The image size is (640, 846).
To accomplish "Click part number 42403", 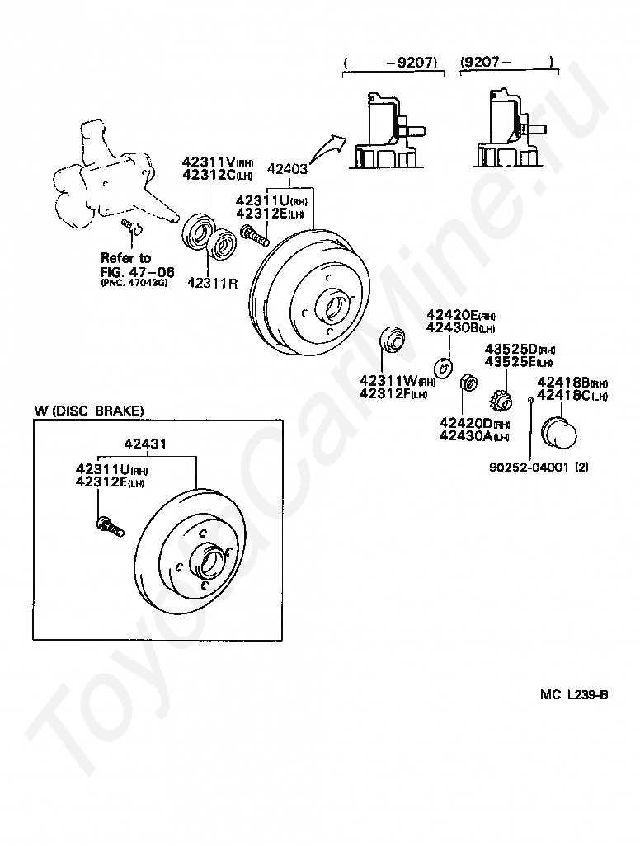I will pos(288,170).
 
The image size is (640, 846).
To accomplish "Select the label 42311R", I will pos(212,282).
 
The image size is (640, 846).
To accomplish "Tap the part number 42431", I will pos(146,444).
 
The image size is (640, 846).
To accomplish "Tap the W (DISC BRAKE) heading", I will pos(89,411).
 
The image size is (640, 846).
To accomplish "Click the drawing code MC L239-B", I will pos(574,694).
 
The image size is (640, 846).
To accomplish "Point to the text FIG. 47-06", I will pos(127,270).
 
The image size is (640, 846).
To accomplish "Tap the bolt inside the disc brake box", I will pos(110,525).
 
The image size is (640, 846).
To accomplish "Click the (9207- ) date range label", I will pos(506,61).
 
